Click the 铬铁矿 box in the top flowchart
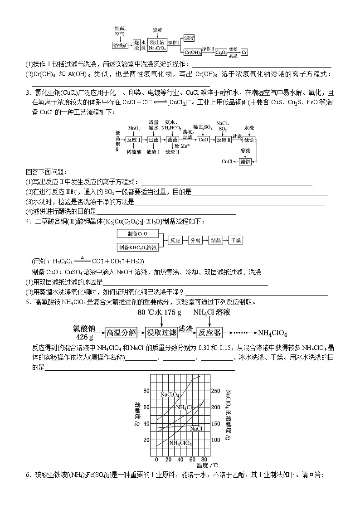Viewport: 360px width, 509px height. click(120, 45)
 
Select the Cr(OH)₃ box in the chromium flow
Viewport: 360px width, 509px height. click(193, 52)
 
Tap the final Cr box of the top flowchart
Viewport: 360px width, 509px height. click(244, 52)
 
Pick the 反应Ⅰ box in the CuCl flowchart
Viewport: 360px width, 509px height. click(134, 140)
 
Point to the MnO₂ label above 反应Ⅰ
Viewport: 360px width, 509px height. click(134, 128)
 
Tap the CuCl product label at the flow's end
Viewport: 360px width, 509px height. click(227, 161)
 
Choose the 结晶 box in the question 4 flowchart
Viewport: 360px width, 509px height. click(215, 241)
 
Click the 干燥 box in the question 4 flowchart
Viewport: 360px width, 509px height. click(236, 241)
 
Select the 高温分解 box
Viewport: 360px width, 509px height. click(121, 333)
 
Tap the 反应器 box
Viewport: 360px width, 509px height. click(210, 333)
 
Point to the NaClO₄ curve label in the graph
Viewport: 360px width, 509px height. click(170, 395)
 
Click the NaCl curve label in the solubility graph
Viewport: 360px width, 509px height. click(196, 428)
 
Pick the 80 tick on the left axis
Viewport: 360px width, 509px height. click(146, 391)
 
